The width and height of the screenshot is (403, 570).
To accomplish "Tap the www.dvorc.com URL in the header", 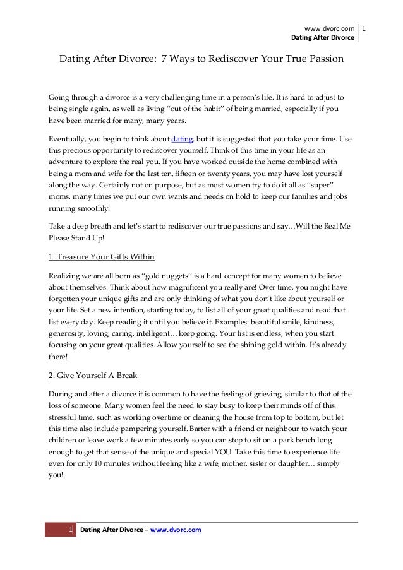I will coord(330,28).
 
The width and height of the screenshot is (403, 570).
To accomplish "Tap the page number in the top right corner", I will coord(365,28).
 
